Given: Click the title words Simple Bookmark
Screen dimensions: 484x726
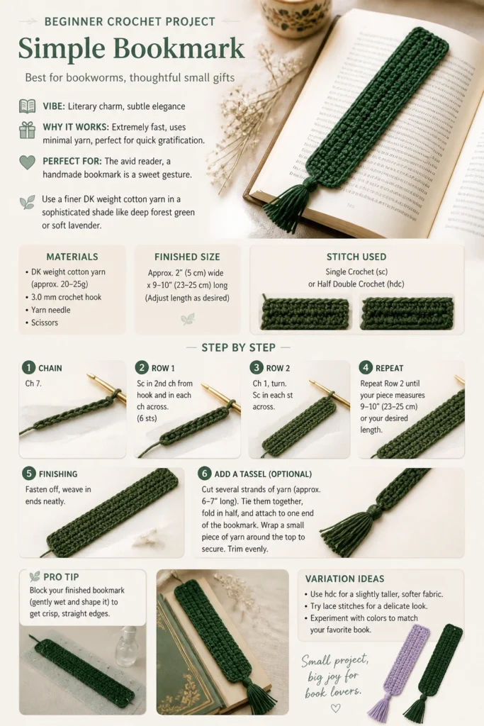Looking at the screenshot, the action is pyautogui.click(x=131, y=49).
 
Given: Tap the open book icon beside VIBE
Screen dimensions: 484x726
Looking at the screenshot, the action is pyautogui.click(x=28, y=106).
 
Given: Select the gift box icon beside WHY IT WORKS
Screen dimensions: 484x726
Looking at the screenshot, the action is pyautogui.click(x=28, y=130).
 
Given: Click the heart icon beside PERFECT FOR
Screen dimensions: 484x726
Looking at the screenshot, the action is pyautogui.click(x=28, y=162).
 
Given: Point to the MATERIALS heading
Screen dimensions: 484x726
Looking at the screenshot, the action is pyautogui.click(x=72, y=257).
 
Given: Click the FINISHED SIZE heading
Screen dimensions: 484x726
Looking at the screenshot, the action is pyautogui.click(x=187, y=257).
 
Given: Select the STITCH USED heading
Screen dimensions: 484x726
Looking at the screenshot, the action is pyautogui.click(x=356, y=257).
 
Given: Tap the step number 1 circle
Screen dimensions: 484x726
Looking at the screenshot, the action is pyautogui.click(x=28, y=368).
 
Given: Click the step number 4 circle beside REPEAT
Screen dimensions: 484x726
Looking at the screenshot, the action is pyautogui.click(x=366, y=368).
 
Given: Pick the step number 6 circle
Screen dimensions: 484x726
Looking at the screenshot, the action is pyautogui.click(x=205, y=473).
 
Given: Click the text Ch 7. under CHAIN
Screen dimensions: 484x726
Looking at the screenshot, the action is pyautogui.click(x=33, y=384).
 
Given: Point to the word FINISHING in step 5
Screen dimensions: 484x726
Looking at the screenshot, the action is pyautogui.click(x=58, y=474).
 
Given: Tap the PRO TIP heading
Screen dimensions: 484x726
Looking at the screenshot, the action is pyautogui.click(x=61, y=577).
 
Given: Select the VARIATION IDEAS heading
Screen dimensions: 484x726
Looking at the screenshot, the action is pyautogui.click(x=344, y=579).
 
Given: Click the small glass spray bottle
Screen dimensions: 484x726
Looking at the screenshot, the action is pyautogui.click(x=126, y=647).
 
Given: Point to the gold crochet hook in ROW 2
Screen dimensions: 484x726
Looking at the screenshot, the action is pyautogui.click(x=329, y=392).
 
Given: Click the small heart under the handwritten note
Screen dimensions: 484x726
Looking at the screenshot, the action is pyautogui.click(x=336, y=708).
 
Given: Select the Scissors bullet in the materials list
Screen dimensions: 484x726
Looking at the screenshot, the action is pyautogui.click(x=45, y=323).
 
